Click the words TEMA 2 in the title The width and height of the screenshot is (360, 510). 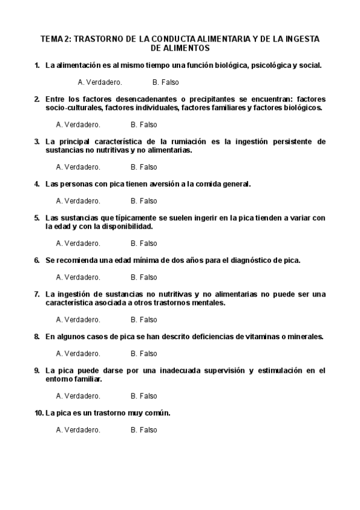click(55, 39)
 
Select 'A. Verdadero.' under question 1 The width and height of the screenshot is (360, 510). click(100, 82)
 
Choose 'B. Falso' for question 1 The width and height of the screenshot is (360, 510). click(165, 82)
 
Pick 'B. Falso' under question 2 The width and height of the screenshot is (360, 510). click(144, 124)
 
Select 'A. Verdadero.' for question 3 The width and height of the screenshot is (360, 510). click(78, 167)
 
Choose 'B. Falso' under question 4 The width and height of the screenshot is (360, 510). click(144, 201)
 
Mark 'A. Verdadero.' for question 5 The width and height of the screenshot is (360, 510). click(78, 244)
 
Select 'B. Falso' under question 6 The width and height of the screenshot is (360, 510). click(144, 277)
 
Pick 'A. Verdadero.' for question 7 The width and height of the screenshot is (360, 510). click(78, 319)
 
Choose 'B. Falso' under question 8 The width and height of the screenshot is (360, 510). click(144, 354)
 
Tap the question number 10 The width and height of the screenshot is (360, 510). click(38, 413)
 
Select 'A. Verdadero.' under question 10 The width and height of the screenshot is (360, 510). click(78, 430)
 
